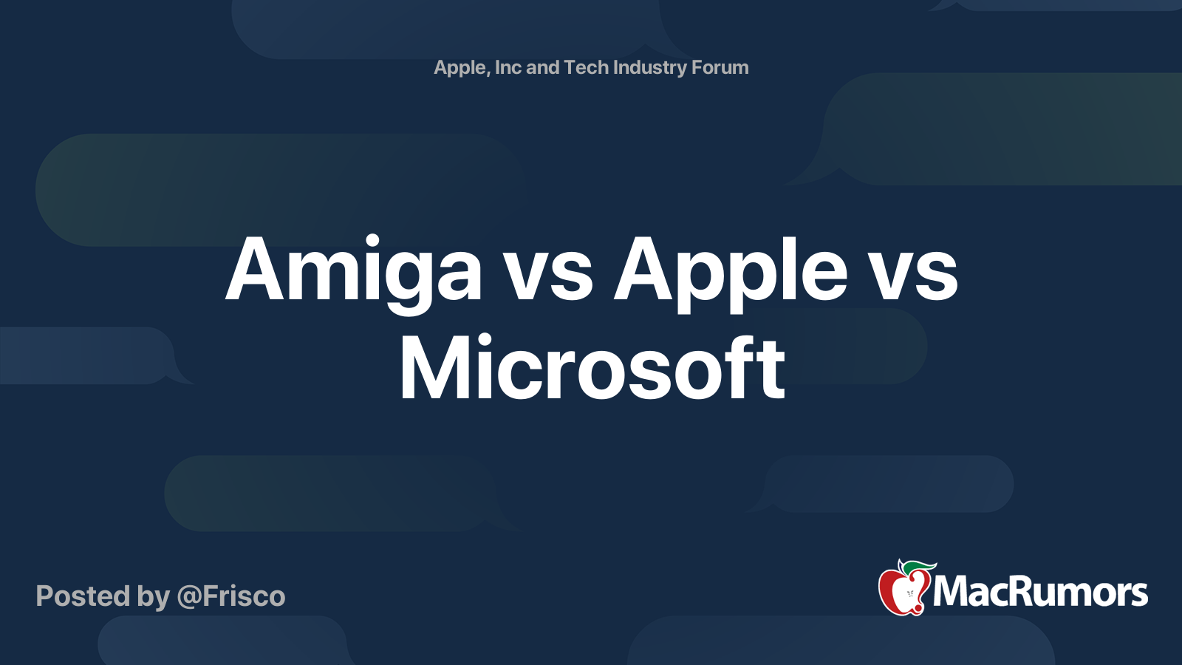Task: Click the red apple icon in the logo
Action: coord(903,590)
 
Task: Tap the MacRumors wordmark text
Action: coord(1040,593)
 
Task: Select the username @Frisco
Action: coord(231,596)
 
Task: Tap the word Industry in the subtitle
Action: coord(649,68)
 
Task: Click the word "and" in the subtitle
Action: coord(542,67)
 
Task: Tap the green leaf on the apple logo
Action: coord(919,567)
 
